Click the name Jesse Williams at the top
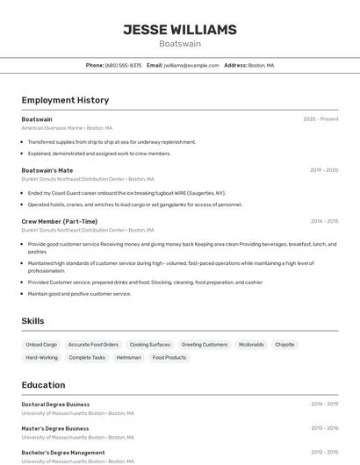pos(180,30)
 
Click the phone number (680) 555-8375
pos(123,65)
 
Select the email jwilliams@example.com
pos(191,65)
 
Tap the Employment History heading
pos(65,100)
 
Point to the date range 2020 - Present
pos(320,119)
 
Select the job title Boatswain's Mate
pos(47,170)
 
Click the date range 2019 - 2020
pos(324,170)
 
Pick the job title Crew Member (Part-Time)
pos(59,221)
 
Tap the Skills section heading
pos(32,321)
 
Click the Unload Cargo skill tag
pos(41,345)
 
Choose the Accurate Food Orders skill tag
pos(93,345)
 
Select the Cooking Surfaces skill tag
pos(150,345)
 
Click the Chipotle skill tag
pos(284,345)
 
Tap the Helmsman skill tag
pos(128,358)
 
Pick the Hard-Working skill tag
pos(41,358)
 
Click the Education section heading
pos(43,384)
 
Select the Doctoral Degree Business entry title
pos(55,404)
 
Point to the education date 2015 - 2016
pos(324,428)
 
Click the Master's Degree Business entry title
pos(54,428)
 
